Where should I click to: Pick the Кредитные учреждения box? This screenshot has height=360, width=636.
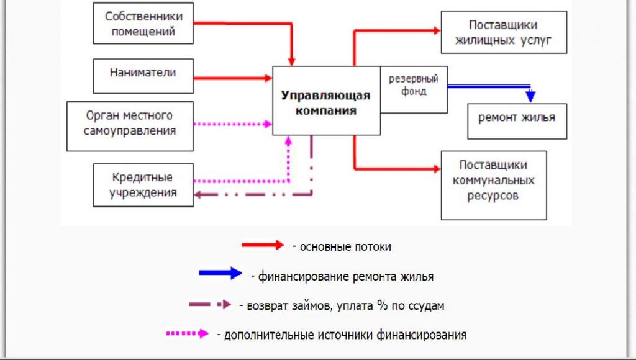pos(142,185)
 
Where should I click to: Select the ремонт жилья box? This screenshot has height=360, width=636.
pos(517,117)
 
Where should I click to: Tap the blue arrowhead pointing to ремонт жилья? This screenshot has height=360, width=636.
pos(530,96)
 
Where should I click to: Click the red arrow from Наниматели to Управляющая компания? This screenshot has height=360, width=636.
pos(233,78)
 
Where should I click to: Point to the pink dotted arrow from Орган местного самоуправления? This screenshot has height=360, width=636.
pos(233,124)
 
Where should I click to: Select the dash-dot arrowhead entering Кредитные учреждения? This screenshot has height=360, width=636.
pos(198,195)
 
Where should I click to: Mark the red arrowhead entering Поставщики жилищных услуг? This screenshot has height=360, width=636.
pos(435,29)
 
